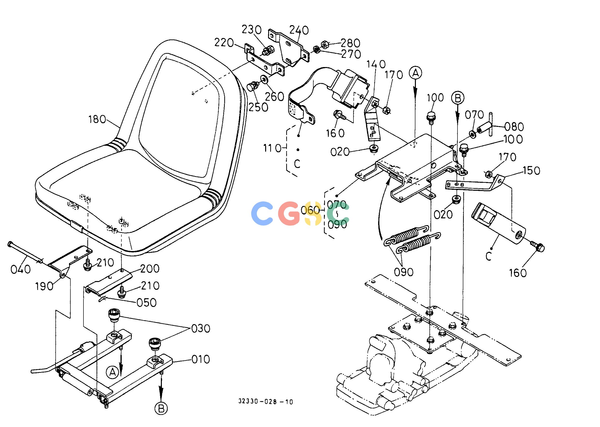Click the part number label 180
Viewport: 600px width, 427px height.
pos(97,120)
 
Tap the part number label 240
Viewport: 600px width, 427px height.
pos(299,30)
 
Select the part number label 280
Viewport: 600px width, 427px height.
pos(350,43)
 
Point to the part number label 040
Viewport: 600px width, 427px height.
pos(21,269)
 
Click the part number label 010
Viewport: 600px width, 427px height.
pos(201,359)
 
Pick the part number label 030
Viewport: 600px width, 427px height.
pos(201,329)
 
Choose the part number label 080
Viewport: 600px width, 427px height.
pos(514,127)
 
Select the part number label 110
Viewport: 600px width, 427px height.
pos(272,149)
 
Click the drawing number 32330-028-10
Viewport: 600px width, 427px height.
pos(266,402)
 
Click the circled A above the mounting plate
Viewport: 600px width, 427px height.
pos(415,73)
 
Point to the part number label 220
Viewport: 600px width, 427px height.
pos(224,43)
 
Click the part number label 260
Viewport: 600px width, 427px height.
pos(274,97)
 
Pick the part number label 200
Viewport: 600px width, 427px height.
pos(150,269)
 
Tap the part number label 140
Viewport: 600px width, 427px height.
pos(376,64)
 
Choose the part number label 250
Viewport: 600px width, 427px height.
pos(259,107)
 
